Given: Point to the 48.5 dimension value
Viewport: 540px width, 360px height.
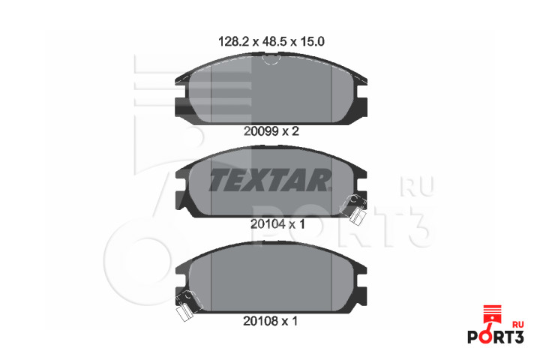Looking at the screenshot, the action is [274, 42].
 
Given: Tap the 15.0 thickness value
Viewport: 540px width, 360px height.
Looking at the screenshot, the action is [312, 42].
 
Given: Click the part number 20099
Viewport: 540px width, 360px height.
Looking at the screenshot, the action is [261, 131].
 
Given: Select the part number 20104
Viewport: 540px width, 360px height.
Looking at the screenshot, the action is [268, 224].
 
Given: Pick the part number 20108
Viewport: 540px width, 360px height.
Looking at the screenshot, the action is [260, 321].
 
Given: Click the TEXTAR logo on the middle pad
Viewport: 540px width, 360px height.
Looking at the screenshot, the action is [270, 179].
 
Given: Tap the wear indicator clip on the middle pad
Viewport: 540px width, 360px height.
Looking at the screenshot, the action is [355, 208].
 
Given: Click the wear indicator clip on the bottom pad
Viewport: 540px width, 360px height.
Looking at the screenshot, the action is [186, 306].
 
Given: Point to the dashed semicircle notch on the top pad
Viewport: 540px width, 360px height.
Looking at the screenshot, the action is [270, 60].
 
